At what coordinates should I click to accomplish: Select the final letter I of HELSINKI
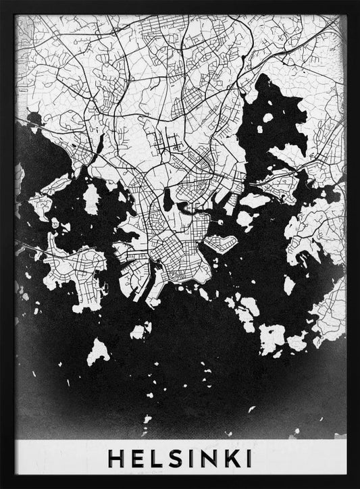click(249, 459)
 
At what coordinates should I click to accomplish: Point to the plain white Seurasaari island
click(91, 199)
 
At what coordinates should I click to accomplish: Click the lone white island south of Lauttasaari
click(99, 351)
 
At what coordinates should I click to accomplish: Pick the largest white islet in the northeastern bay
click(267, 118)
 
